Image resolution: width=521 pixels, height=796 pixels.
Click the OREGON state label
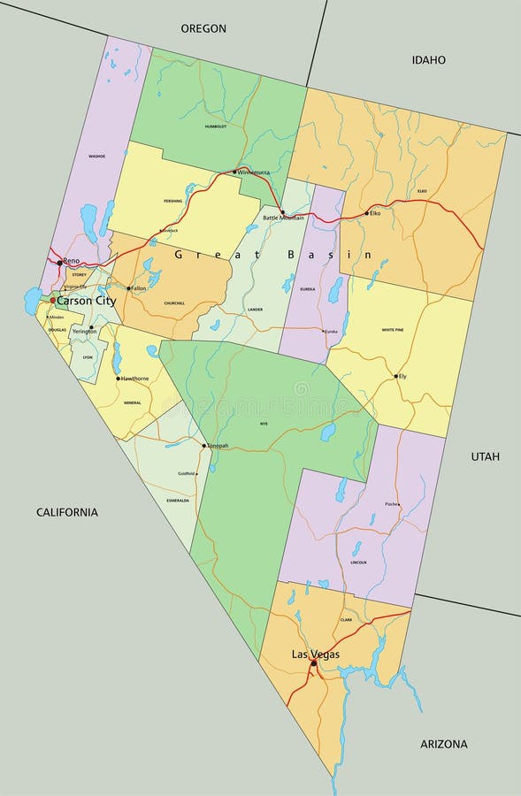pyautogui.click(x=203, y=28)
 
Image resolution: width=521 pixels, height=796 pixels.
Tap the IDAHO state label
pyautogui.click(x=428, y=59)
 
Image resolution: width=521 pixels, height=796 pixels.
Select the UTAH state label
pyautogui.click(x=485, y=456)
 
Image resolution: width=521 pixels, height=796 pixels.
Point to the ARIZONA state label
pyautogui.click(x=443, y=744)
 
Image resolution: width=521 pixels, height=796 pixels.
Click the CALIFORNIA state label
pyautogui.click(x=67, y=512)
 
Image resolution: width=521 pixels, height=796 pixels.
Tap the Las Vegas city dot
pyautogui.click(x=313, y=662)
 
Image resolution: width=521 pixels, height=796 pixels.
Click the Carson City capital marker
pyautogui.click(x=52, y=301)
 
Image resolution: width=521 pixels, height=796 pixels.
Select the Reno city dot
pyautogui.click(x=59, y=263)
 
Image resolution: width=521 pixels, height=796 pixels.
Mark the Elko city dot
pyautogui.click(x=366, y=213)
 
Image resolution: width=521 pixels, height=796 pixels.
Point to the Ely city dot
pyautogui.click(x=395, y=376)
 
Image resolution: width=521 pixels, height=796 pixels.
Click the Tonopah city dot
pyautogui.click(x=203, y=446)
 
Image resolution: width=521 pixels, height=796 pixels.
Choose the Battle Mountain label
pyautogui.click(x=283, y=218)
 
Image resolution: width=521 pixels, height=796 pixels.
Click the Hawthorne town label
pyautogui.click(x=134, y=379)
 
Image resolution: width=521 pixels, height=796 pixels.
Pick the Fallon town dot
pyautogui.click(x=128, y=288)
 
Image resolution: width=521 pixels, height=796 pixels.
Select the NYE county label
pyautogui.click(x=263, y=425)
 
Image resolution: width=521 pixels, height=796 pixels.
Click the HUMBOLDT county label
pyautogui.click(x=216, y=126)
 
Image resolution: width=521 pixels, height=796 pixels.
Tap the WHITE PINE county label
pyautogui.click(x=393, y=330)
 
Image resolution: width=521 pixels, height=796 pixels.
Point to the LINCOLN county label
pyautogui.click(x=358, y=563)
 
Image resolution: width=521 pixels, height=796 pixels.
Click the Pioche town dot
pyautogui.click(x=398, y=505)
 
